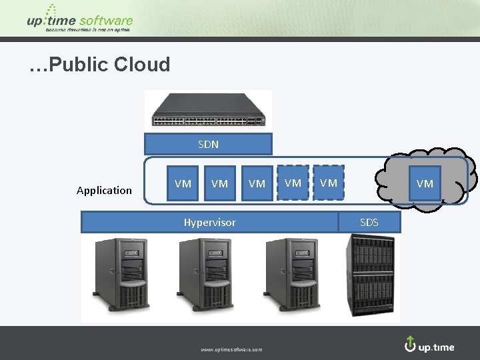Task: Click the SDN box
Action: (x=208, y=144)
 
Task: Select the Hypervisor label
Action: (x=210, y=223)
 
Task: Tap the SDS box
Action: (x=369, y=223)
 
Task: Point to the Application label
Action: (x=104, y=191)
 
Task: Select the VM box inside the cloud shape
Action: (x=425, y=183)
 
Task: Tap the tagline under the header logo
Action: (x=89, y=30)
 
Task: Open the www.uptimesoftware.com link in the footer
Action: (x=231, y=349)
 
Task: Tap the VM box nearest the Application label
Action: (x=183, y=183)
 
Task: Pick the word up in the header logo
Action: (x=35, y=21)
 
